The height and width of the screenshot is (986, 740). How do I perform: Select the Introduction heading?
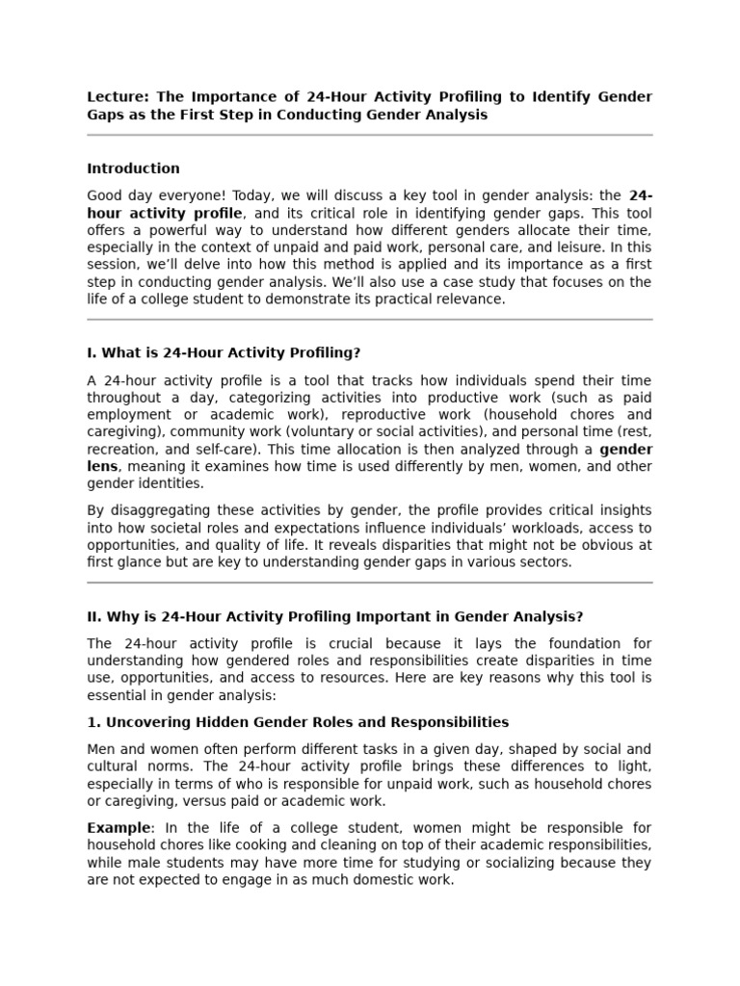click(x=133, y=169)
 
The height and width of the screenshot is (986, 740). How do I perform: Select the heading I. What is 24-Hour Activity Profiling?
click(x=224, y=352)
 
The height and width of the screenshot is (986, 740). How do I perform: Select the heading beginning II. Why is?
click(x=334, y=616)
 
